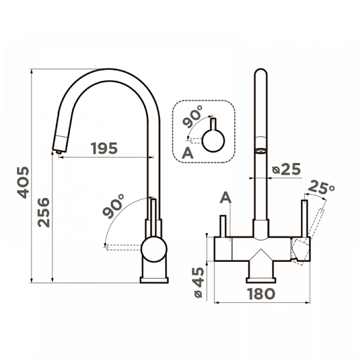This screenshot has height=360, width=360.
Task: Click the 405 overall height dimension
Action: click(x=24, y=183)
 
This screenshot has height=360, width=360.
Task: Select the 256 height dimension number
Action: click(x=44, y=212)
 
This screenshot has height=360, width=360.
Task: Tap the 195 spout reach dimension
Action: click(x=104, y=148)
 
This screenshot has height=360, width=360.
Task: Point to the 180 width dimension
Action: click(x=261, y=294)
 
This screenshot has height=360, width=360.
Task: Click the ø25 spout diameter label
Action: click(x=286, y=169)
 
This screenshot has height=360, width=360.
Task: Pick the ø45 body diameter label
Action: click(x=199, y=282)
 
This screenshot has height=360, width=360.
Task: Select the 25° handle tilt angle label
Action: click(x=321, y=186)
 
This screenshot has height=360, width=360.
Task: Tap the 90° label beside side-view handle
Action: click(x=114, y=206)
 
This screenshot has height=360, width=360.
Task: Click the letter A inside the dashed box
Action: click(x=188, y=153)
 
